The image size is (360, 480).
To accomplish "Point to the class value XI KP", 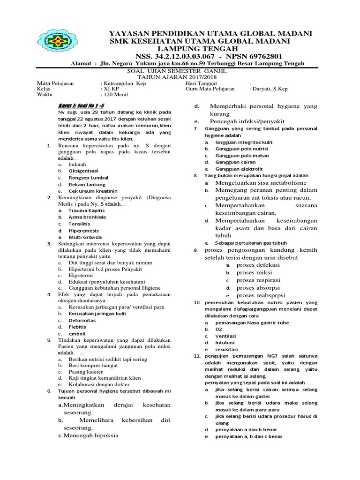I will click(x=110, y=88).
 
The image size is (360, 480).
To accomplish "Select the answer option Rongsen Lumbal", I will click(x=88, y=178).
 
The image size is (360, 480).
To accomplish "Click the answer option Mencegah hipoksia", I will click(x=91, y=435).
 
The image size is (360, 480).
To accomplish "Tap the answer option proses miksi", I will click(x=255, y=272).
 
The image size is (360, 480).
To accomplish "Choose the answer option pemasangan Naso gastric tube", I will click(x=252, y=323).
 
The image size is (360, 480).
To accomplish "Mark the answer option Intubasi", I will click(x=225, y=343).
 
